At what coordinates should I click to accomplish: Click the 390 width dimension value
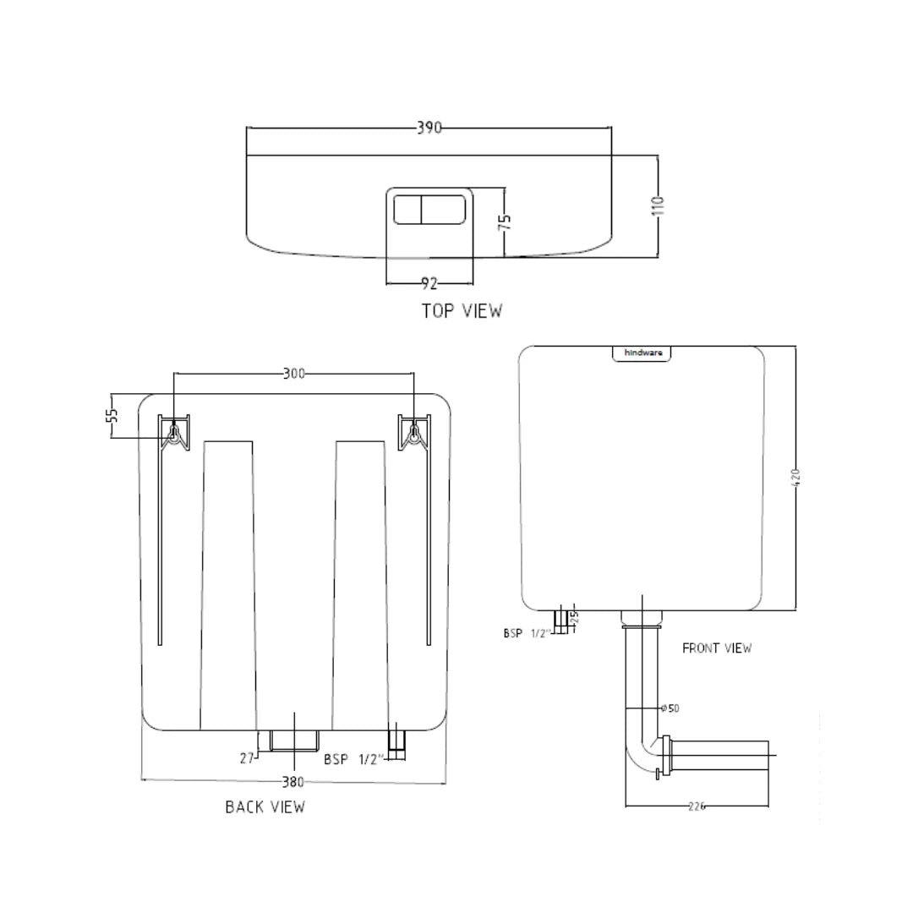[x=429, y=128]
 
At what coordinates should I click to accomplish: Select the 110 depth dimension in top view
[x=659, y=205]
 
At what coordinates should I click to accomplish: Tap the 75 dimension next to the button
[x=505, y=221]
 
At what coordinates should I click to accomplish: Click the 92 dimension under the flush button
[x=429, y=284]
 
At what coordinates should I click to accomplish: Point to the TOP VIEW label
[x=462, y=311]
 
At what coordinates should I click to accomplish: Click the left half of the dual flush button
[x=407, y=209]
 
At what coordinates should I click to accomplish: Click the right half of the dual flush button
[x=444, y=209]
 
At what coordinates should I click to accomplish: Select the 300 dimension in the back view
[x=293, y=373]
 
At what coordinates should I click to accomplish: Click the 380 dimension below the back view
[x=292, y=781]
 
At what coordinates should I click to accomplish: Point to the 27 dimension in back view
[x=247, y=759]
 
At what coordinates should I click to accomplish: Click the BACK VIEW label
[x=265, y=807]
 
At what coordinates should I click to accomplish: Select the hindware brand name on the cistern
[x=642, y=353]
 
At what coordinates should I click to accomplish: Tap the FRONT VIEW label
[x=717, y=648]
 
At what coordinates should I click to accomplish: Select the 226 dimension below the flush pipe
[x=696, y=806]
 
